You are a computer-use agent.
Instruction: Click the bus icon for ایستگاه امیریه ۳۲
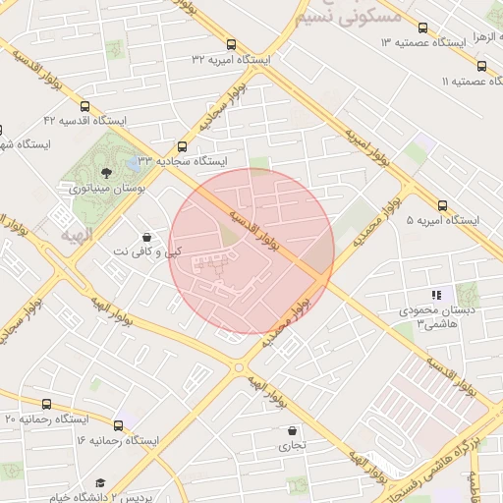[x=232, y=44]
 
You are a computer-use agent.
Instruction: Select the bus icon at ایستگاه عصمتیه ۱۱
[x=481, y=66]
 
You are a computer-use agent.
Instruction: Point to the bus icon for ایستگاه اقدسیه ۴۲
[x=84, y=106]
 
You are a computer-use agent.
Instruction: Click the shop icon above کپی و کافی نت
[x=146, y=237]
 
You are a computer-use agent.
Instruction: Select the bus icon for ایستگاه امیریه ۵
[x=442, y=206]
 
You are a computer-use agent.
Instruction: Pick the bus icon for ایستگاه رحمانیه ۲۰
[x=46, y=404]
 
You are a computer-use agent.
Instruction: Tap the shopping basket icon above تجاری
[x=293, y=430]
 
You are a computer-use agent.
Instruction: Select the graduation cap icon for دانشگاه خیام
[x=100, y=483]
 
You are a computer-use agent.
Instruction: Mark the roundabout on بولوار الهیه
[x=237, y=367]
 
